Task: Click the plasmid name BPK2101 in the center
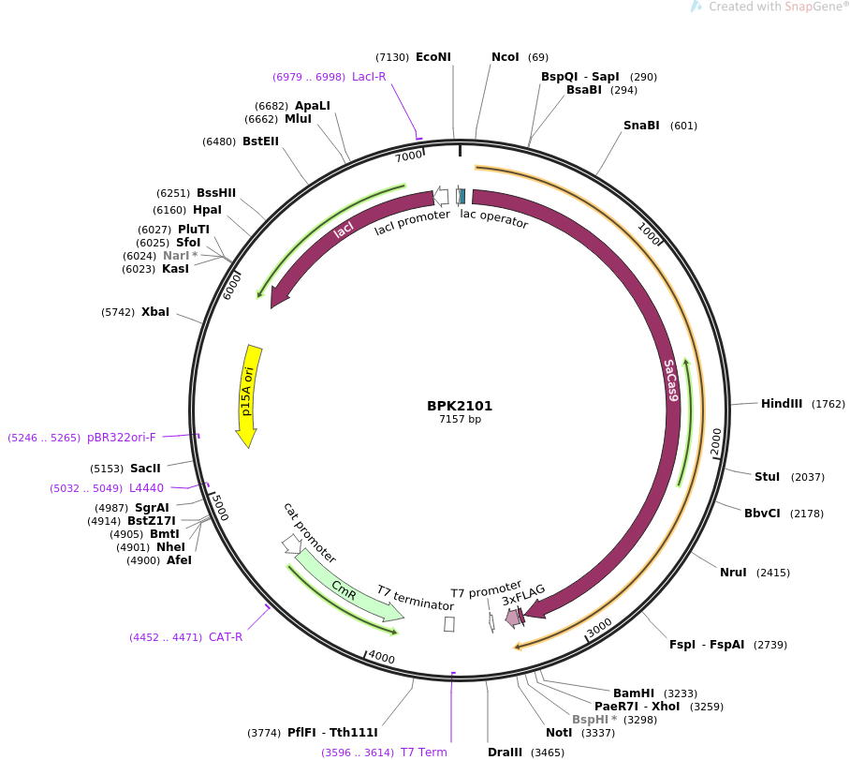click(x=460, y=406)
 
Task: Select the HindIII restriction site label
click(x=781, y=404)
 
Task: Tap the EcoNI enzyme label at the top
click(x=432, y=57)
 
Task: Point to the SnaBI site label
click(x=641, y=126)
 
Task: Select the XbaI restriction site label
click(x=155, y=312)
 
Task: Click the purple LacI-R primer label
click(x=369, y=77)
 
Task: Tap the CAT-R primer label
click(x=226, y=637)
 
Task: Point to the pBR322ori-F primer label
click(x=122, y=438)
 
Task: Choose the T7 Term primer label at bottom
click(x=424, y=753)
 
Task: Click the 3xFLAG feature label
click(x=523, y=595)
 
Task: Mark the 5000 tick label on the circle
click(x=219, y=507)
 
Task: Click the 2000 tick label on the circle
click(x=715, y=441)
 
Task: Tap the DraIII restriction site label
click(x=506, y=753)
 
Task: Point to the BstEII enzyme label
click(x=260, y=142)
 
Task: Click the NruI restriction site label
click(x=733, y=573)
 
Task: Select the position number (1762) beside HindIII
click(x=828, y=405)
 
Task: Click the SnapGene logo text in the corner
click(x=798, y=7)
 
